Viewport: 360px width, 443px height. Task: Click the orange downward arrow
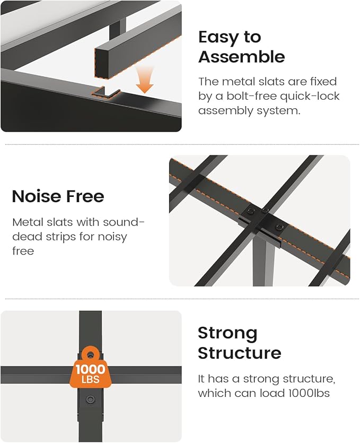coord(145,80)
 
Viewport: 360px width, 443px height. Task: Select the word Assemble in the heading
coord(241,57)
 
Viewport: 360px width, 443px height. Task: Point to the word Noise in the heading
coord(36,196)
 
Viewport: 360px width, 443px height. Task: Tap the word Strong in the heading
coord(227,333)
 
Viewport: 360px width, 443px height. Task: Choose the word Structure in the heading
coord(240,353)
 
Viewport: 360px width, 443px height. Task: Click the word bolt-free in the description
coord(250,96)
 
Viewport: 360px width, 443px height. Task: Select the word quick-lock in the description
coord(310,97)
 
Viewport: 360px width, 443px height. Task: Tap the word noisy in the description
coord(112,237)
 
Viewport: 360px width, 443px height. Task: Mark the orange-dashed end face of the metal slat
coord(102,62)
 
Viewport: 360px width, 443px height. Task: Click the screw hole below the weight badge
coord(90,399)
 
